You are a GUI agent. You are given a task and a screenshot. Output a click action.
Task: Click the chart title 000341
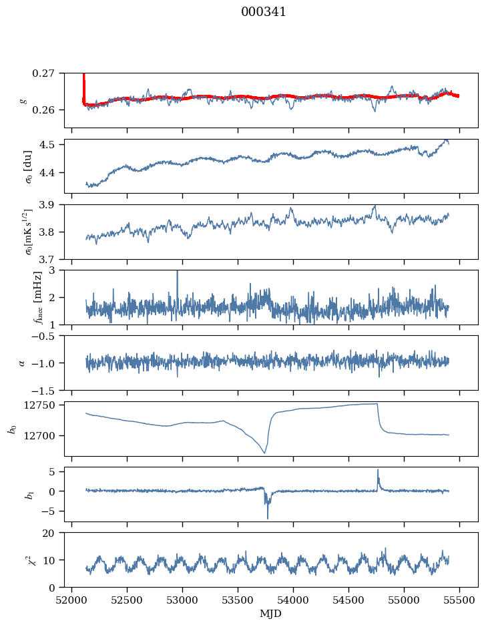point(263,12)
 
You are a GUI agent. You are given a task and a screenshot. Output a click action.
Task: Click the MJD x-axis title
point(270,614)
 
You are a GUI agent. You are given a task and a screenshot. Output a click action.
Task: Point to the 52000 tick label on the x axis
point(71,601)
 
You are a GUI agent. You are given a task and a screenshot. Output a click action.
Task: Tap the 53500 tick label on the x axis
point(238,601)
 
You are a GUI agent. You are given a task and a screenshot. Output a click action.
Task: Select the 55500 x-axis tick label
point(459,601)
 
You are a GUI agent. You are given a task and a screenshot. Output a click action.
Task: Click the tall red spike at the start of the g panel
point(83,87)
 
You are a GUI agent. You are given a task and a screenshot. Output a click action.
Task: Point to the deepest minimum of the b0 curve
point(264,453)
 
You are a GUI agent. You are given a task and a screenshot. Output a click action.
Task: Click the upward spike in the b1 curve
point(378,470)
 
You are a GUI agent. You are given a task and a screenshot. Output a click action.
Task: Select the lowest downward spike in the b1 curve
point(268,518)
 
